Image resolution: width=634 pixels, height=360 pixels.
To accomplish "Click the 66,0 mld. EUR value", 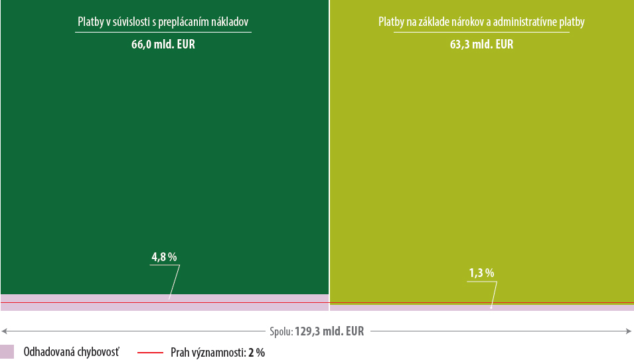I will pyautogui.click(x=163, y=45).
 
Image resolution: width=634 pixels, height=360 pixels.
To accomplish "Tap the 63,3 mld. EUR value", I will pyautogui.click(x=481, y=45).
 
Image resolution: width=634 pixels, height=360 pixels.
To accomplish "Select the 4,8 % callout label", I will pyautogui.click(x=164, y=257).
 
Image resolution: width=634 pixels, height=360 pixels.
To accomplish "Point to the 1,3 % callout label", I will pyautogui.click(x=481, y=273).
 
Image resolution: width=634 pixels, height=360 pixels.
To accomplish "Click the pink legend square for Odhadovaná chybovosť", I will pyautogui.click(x=7, y=352).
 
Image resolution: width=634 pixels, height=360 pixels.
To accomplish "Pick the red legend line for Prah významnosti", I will pyautogui.click(x=150, y=353).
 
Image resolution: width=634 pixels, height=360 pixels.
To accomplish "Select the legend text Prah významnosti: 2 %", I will pyautogui.click(x=218, y=353).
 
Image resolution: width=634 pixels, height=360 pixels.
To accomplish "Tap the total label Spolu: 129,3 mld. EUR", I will pyautogui.click(x=317, y=331).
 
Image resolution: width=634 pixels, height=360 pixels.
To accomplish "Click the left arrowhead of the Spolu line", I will pyautogui.click(x=4, y=331).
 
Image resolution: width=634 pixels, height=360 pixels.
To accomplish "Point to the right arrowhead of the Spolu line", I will pyautogui.click(x=629, y=331).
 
